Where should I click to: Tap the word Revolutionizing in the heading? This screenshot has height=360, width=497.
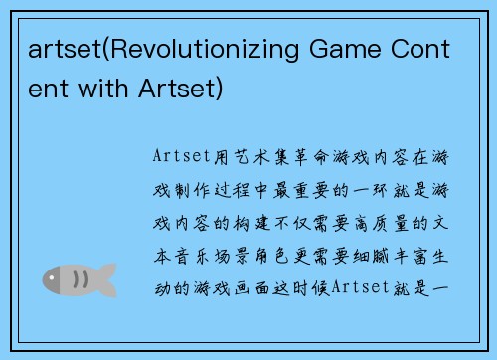point(198,51)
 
